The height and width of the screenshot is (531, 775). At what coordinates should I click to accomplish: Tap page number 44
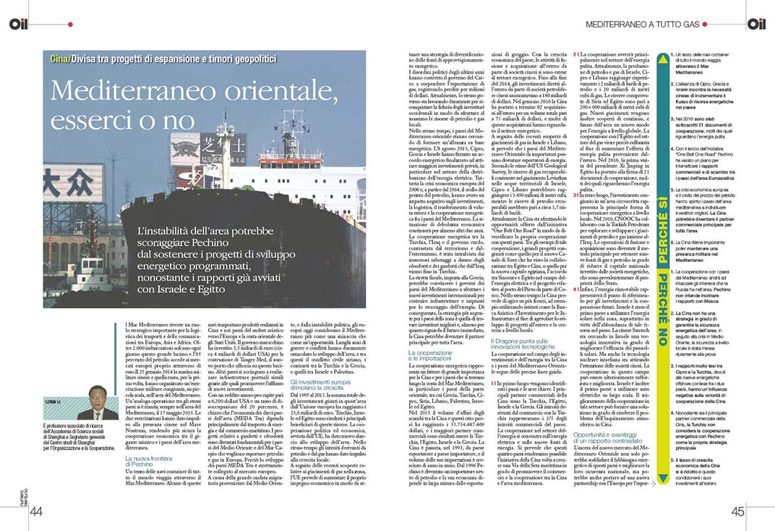click(x=37, y=512)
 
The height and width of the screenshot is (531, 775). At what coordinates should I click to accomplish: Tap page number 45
click(x=737, y=512)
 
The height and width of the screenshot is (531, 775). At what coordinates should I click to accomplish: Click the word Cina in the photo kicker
click(x=60, y=57)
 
